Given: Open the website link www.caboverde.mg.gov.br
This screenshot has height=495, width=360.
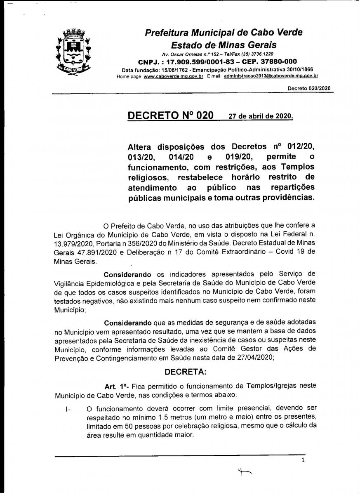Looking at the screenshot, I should pos(174,76).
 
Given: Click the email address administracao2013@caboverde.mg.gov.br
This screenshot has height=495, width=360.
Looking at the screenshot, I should pos(271,76).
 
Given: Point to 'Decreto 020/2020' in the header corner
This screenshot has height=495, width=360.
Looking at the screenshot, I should pos(309,88).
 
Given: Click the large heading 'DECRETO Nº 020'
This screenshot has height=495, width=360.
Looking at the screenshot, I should pos(171,115).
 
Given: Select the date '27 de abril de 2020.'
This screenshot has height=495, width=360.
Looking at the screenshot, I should pos(261,116).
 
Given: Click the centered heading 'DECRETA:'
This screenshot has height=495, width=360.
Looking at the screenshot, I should pos(186,371).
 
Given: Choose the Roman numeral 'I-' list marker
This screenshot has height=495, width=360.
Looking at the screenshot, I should pos(68,410).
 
